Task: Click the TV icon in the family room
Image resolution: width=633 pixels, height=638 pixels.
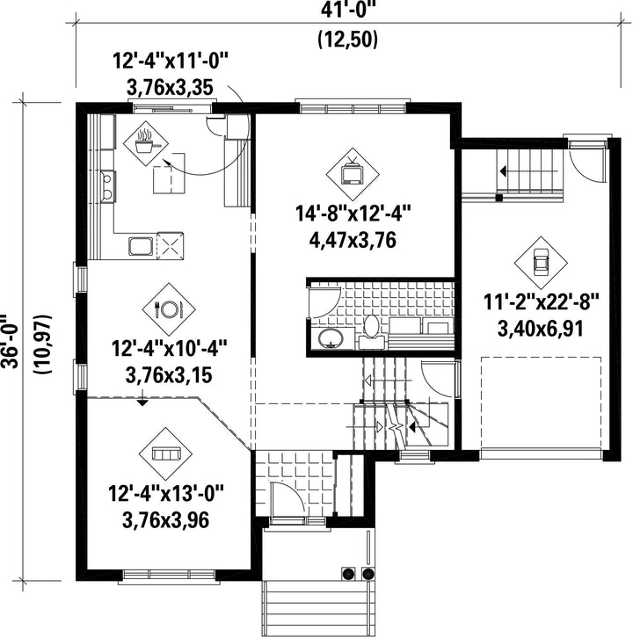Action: [353, 174]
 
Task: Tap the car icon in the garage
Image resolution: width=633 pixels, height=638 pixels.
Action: [541, 263]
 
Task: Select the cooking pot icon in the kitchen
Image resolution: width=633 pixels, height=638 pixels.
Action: [146, 143]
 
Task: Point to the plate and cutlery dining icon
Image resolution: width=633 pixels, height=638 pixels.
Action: [169, 309]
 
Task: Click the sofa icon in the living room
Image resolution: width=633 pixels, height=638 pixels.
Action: [165, 453]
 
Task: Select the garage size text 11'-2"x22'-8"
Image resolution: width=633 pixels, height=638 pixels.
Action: [542, 302]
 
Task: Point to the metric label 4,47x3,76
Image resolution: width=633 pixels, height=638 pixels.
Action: [353, 240]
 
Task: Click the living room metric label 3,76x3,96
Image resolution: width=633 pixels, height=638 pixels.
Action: [165, 520]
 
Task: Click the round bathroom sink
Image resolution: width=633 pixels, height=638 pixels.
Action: [331, 339]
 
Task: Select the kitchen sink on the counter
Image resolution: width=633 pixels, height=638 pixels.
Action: [141, 246]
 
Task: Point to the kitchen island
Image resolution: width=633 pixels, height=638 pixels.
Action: [169, 173]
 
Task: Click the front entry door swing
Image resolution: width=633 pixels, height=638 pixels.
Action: [287, 498]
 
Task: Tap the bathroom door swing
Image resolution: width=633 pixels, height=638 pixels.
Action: [324, 302]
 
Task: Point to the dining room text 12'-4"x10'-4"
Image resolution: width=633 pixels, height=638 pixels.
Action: [169, 349]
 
